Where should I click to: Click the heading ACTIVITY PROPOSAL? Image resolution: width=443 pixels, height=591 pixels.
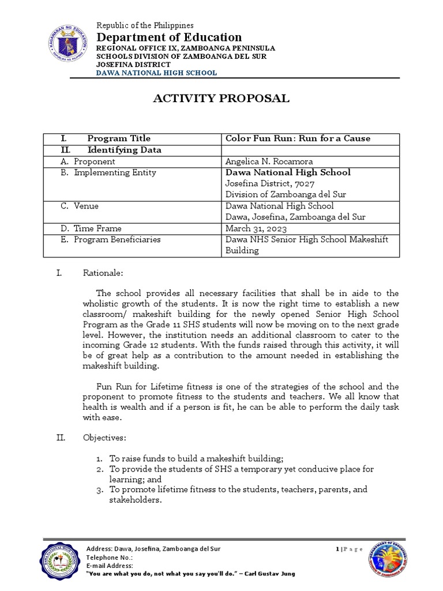click(x=221, y=99)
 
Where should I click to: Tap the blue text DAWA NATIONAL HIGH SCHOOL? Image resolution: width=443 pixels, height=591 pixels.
click(x=156, y=73)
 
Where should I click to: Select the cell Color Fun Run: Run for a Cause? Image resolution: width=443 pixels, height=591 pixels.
click(x=297, y=139)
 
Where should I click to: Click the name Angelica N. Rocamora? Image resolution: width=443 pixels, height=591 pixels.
click(x=269, y=162)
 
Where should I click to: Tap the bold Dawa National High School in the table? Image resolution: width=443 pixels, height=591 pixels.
click(x=287, y=173)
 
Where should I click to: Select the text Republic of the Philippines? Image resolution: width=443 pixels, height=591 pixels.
click(x=145, y=25)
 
